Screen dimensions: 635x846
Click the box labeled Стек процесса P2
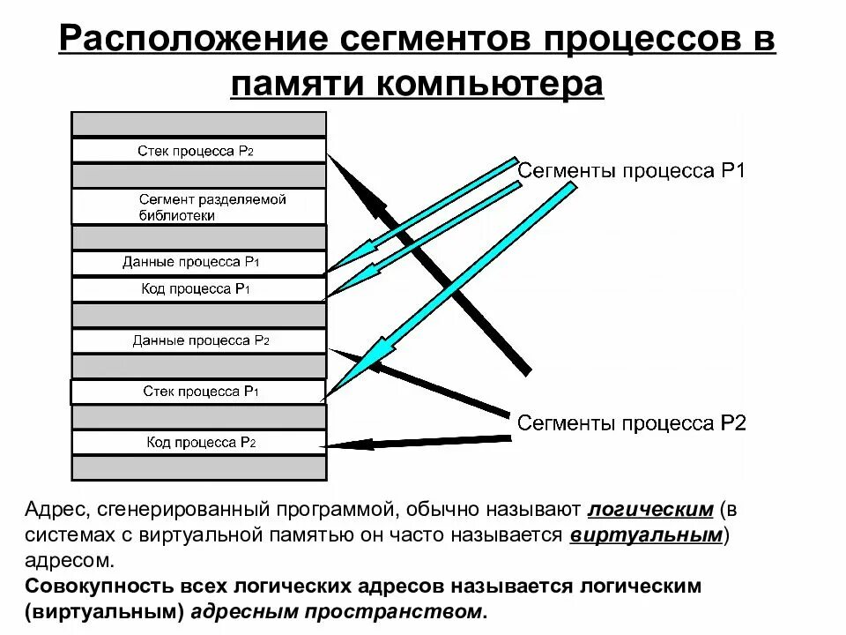coord(198,151)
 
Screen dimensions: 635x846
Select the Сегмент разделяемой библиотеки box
coord(198,206)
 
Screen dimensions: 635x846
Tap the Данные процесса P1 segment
coord(198,262)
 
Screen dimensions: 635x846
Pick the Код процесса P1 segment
coord(198,288)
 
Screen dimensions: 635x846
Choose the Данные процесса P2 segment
coord(198,340)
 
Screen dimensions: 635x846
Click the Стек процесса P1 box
coord(198,392)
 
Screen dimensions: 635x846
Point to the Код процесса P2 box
coord(198,443)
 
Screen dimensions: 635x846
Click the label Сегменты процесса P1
coord(631,171)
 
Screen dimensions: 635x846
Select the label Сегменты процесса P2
coord(631,424)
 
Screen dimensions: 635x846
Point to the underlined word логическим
coord(650,511)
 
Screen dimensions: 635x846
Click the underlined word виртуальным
coord(647,535)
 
